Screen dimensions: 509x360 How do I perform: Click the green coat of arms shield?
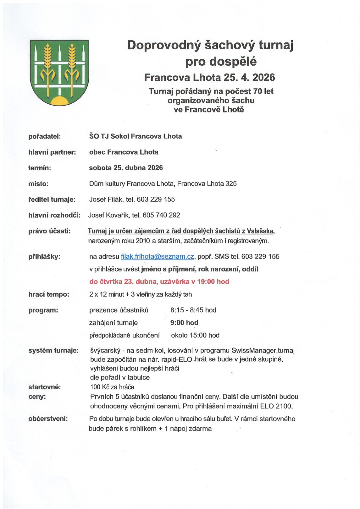click(x=59, y=72)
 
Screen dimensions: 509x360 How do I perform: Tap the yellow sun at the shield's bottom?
click(x=59, y=101)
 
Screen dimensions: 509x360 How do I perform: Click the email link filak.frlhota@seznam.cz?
click(x=157, y=257)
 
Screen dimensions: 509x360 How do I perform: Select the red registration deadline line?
click(x=159, y=282)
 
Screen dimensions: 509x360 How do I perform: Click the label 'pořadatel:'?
click(x=44, y=136)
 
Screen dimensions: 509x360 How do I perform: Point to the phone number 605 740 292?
click(x=161, y=215)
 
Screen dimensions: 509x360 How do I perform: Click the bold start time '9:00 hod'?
click(x=184, y=323)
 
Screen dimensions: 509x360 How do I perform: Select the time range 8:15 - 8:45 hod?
click(x=193, y=310)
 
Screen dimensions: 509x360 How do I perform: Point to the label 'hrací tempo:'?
click(x=49, y=294)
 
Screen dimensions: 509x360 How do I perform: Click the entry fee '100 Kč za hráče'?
click(x=112, y=387)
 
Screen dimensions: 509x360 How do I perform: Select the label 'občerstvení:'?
click(x=48, y=419)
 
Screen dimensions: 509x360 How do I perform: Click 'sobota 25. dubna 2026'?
click(x=126, y=168)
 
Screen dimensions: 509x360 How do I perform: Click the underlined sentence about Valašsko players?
click(x=181, y=231)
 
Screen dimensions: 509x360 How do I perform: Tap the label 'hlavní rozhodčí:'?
click(x=54, y=215)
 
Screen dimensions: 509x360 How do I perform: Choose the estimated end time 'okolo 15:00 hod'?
click(x=195, y=335)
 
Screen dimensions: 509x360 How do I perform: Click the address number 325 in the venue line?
click(x=231, y=184)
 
